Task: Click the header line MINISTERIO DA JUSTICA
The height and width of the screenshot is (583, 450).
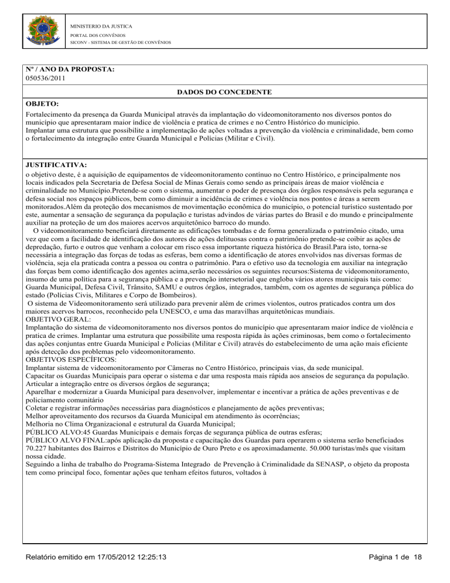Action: (x=101, y=26)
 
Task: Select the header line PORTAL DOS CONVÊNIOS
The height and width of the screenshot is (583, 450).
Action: (x=97, y=35)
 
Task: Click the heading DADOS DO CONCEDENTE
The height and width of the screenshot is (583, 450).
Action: (x=225, y=93)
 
